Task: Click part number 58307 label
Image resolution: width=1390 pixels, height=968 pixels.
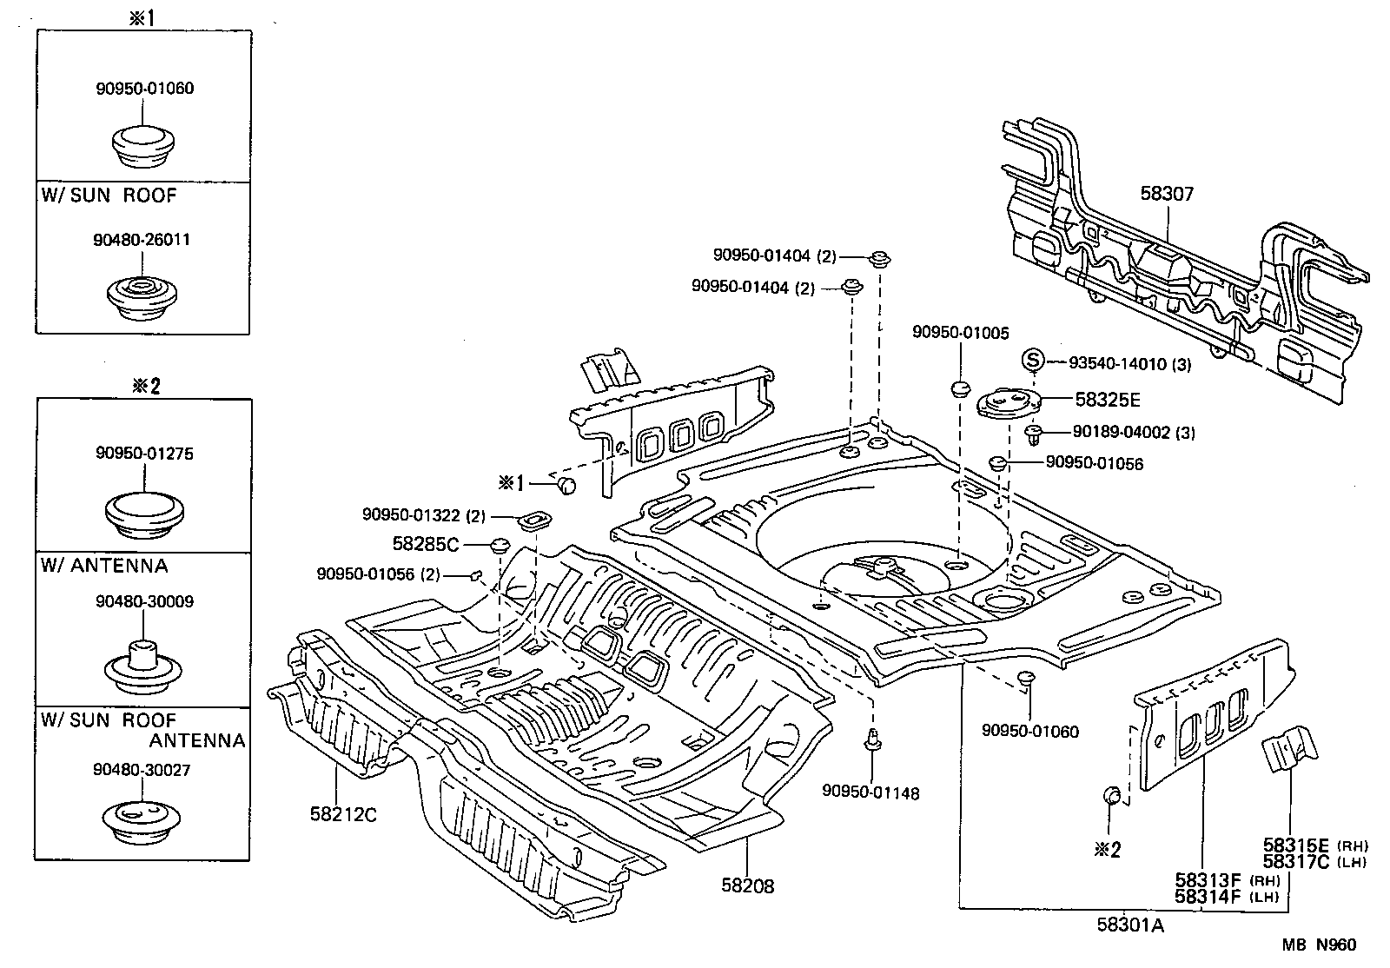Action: (1167, 194)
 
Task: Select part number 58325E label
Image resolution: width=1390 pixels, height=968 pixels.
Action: (1107, 400)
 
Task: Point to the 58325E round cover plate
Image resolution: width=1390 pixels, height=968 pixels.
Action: (1009, 405)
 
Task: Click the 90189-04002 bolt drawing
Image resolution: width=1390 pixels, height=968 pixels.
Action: (1034, 433)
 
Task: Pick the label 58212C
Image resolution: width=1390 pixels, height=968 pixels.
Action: (343, 814)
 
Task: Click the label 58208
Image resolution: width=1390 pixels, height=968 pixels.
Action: (747, 885)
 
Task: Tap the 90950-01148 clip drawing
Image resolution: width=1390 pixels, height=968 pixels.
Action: (871, 741)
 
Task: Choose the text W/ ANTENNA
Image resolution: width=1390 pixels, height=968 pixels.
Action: (104, 566)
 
